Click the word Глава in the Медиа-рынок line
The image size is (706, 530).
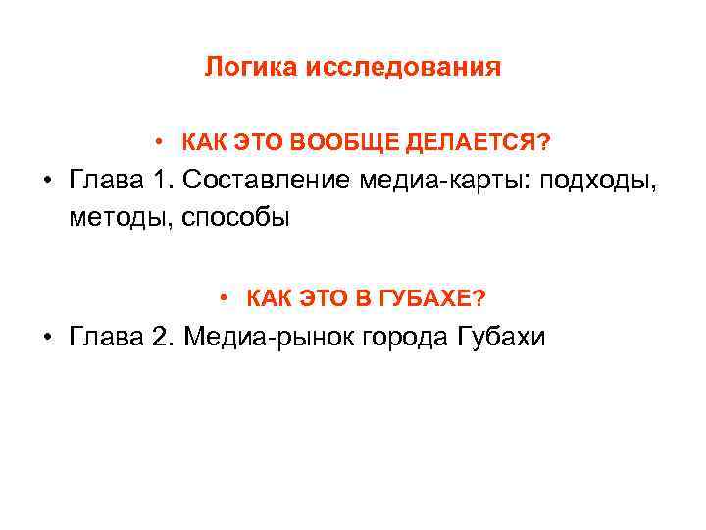point(102,337)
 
